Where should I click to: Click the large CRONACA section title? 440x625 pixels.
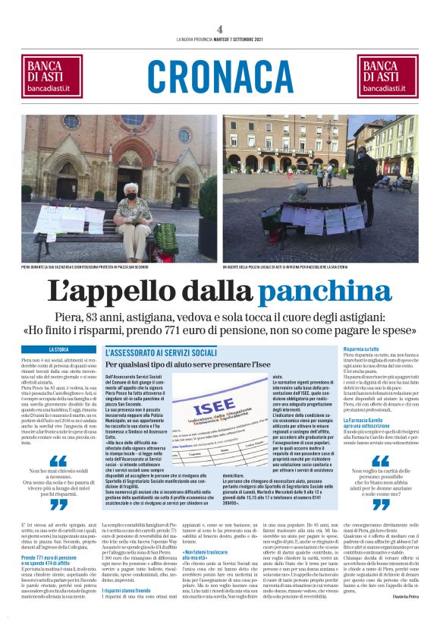click(220, 77)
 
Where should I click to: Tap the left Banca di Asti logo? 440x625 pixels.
click(55, 77)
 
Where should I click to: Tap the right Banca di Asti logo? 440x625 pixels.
click(385, 77)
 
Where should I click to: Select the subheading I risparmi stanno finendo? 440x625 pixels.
click(130, 589)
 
